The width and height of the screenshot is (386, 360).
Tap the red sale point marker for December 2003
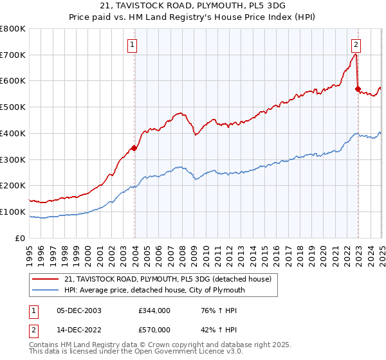134,148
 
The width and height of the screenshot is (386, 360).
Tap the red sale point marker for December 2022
358,89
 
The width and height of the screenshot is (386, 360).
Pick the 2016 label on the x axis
276,251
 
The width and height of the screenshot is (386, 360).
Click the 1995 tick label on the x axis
30,251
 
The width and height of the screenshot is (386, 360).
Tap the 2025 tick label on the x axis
381,251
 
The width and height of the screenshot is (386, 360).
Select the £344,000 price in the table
154,310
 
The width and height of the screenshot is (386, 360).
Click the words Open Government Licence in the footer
192,354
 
